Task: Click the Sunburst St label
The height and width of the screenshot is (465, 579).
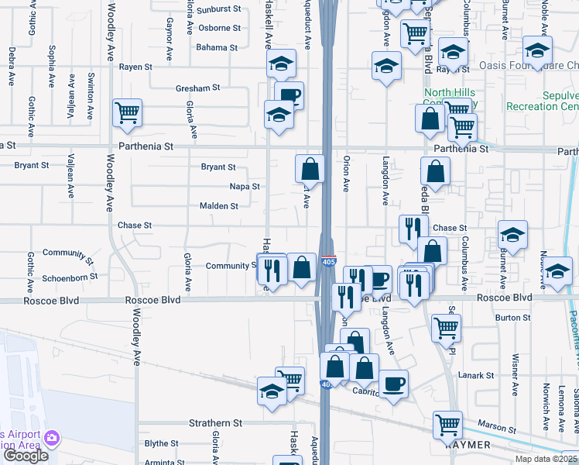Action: [219, 10]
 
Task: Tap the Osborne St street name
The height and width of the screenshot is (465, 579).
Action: [219, 28]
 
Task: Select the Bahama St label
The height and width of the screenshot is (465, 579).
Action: [217, 47]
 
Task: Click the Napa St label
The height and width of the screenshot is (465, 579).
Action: [245, 187]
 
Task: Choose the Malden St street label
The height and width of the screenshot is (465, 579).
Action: [219, 206]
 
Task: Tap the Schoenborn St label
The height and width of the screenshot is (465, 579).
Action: [70, 277]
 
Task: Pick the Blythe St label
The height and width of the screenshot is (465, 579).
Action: [162, 444]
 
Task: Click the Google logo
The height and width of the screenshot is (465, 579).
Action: [26, 456]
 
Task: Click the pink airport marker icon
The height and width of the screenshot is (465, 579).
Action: [51, 439]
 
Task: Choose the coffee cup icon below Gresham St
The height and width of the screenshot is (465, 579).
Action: [289, 95]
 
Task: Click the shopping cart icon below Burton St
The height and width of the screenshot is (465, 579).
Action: [447, 326]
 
